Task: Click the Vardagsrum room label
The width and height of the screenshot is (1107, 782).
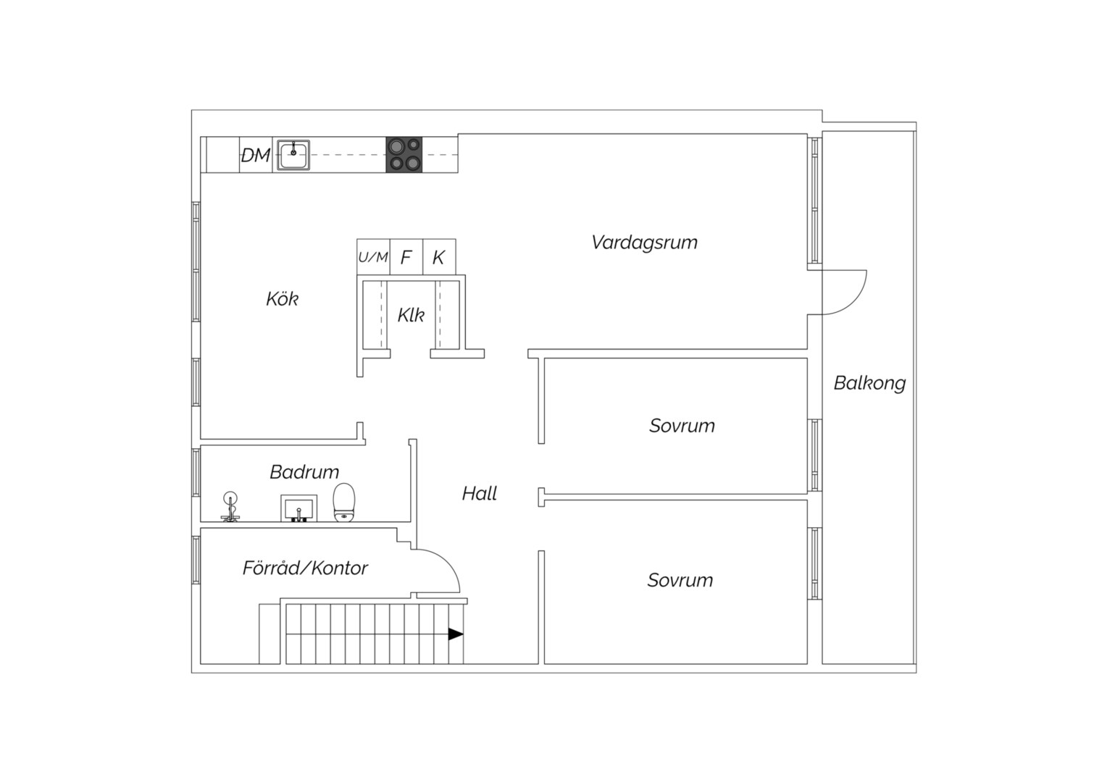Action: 645,243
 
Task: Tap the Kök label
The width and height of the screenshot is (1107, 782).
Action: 283,299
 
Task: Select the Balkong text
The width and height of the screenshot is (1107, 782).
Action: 870,384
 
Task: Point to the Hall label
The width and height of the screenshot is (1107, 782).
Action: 480,494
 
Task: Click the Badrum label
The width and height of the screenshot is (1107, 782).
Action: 304,472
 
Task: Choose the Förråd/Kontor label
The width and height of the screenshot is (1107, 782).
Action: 305,568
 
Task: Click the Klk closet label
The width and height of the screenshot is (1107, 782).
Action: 411,315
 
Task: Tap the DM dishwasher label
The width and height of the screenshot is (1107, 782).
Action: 256,156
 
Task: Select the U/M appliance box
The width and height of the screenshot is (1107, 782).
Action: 373,257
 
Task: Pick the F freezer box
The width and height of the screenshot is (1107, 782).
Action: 406,257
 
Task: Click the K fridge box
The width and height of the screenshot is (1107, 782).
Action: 439,257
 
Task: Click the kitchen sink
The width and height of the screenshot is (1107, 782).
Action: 293,155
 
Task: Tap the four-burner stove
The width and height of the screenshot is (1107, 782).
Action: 404,155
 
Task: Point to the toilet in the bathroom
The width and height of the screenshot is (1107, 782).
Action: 344,503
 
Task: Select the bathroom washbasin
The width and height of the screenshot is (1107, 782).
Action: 299,508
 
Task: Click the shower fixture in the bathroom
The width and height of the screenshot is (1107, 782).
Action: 230,506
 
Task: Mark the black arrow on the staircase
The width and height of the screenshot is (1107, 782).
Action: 456,634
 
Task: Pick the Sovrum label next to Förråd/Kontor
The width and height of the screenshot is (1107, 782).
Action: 680,580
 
